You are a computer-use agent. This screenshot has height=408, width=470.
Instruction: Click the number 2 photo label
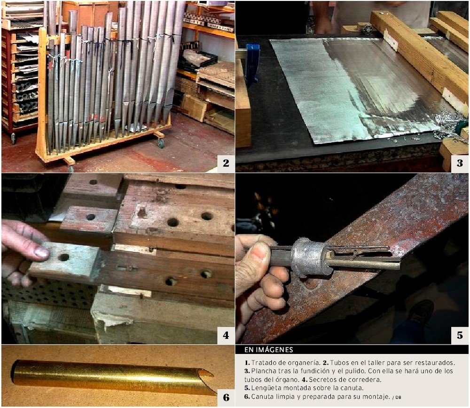[x=226, y=163]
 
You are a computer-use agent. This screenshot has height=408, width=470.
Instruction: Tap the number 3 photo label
[x=460, y=163]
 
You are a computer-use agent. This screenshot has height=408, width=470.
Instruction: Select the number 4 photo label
[x=226, y=335]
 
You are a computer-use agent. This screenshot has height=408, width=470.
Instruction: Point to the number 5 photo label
[x=460, y=335]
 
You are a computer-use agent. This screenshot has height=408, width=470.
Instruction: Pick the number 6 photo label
[x=226, y=398]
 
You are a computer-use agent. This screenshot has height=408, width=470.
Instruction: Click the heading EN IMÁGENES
[x=268, y=350]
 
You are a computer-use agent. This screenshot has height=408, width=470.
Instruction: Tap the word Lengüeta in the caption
[x=264, y=388]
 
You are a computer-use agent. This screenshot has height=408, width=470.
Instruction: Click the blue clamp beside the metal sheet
[x=252, y=63]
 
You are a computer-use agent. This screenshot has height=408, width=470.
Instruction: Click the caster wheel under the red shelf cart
[x=13, y=138]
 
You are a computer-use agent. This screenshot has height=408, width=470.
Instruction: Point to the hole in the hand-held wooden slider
[x=63, y=257]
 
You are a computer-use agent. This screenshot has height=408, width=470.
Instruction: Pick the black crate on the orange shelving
[x=198, y=60]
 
